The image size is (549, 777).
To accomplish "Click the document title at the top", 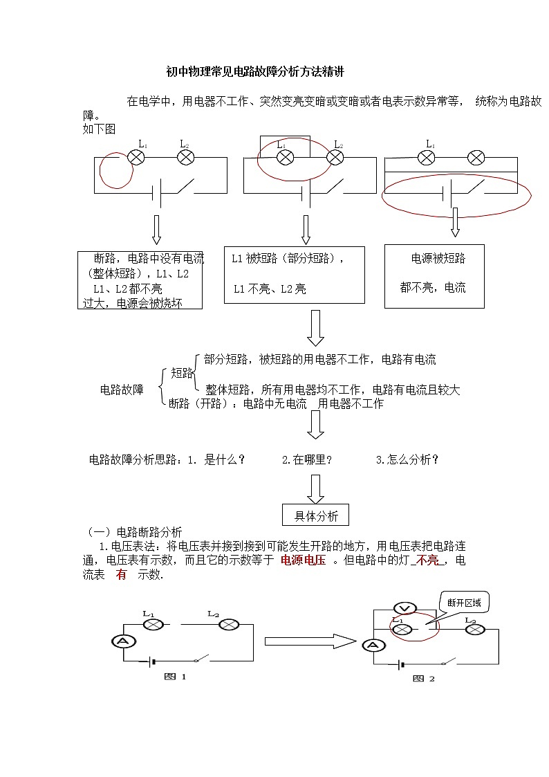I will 255,72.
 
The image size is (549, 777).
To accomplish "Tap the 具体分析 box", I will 316,515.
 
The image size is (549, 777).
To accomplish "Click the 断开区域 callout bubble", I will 463,603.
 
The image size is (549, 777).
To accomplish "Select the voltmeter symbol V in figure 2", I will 407,608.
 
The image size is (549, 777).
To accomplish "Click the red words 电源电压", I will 303,560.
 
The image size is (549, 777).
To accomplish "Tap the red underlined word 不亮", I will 429,560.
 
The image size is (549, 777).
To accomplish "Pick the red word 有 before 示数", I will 122,575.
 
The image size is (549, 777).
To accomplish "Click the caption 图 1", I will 175,677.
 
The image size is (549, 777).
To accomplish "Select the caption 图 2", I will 424,679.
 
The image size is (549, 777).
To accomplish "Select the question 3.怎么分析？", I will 407,459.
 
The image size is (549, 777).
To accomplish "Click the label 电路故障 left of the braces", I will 122,390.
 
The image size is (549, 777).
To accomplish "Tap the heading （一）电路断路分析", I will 135,532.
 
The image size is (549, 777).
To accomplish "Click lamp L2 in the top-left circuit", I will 185,158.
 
